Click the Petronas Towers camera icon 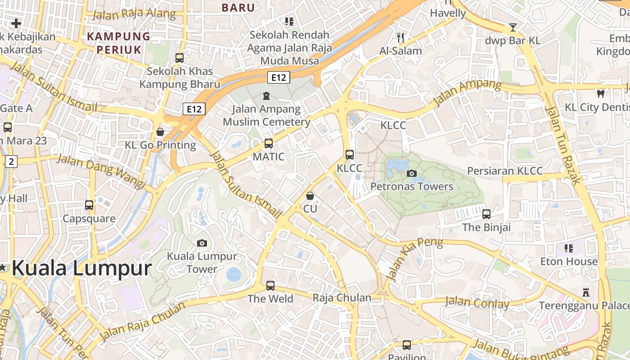pos(411,173)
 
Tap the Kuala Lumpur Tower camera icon pos(202,243)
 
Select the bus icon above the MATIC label pos(269,144)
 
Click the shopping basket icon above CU pos(310,196)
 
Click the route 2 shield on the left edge pos(11,162)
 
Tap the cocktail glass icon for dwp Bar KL pos(513,27)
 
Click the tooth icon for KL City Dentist pos(600,94)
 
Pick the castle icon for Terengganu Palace pos(585,292)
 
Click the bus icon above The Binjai pos(486,214)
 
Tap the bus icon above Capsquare pos(89,205)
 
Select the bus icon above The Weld pos(270,285)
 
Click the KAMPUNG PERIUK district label pos(119,42)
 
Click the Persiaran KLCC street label pos(504,171)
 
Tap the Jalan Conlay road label pos(477,303)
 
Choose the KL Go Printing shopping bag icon pos(160,132)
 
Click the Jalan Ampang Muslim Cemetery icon pos(266,95)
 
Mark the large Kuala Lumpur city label pos(81,269)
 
